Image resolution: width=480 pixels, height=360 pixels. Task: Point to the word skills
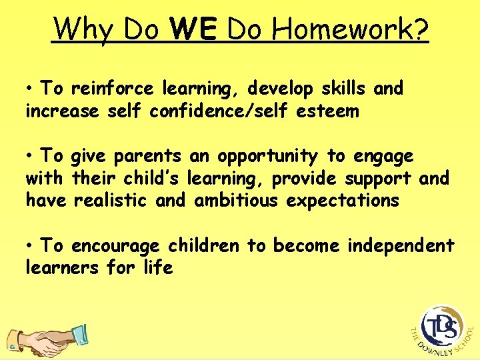tap(337, 89)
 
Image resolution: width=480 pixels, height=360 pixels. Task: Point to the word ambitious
tap(237, 201)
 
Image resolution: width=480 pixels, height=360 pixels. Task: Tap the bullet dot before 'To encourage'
tap(31, 247)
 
